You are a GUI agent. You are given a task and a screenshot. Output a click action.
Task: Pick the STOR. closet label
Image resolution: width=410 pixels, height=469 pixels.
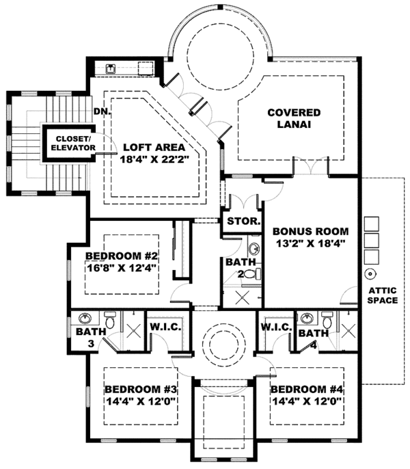(242, 222)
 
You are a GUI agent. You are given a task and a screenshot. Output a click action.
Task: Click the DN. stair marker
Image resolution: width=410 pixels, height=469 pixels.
(102, 110)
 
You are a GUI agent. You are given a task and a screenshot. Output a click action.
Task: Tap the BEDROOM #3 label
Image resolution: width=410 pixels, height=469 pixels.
(141, 389)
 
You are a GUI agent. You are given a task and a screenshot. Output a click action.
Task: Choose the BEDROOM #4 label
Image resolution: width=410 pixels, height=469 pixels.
(307, 389)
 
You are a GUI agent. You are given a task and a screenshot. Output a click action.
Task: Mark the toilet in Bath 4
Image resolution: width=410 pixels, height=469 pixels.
(327, 320)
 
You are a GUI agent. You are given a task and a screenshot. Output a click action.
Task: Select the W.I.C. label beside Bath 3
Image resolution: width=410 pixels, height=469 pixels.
(165, 327)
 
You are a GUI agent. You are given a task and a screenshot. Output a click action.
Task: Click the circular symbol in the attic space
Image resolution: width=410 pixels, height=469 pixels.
(371, 274)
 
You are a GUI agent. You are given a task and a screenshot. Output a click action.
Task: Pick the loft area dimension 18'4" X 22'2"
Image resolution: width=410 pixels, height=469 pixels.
(155, 159)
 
